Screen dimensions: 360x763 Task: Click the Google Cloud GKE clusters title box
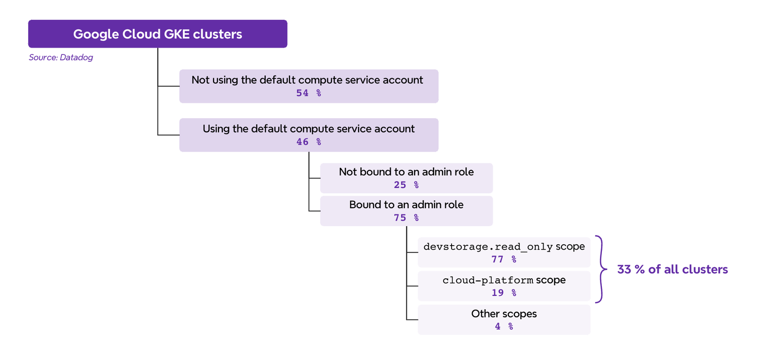click(157, 34)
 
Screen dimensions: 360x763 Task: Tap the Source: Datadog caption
click(61, 57)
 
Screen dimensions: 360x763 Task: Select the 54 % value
click(309, 93)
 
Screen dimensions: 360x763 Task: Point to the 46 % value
click(309, 142)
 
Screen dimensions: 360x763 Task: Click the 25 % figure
click(406, 185)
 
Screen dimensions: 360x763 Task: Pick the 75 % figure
click(406, 217)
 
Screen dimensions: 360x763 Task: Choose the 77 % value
click(504, 259)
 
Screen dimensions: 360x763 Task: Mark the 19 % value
click(504, 292)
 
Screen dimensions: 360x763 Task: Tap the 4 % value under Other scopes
click(504, 326)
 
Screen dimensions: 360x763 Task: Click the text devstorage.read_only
click(488, 247)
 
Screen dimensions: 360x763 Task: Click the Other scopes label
click(504, 314)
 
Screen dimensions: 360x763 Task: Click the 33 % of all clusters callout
click(672, 270)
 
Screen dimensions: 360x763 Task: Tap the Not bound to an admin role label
click(406, 172)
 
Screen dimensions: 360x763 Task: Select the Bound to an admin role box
click(406, 211)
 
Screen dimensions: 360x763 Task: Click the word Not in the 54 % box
click(200, 80)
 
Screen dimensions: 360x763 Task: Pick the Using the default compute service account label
click(309, 129)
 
